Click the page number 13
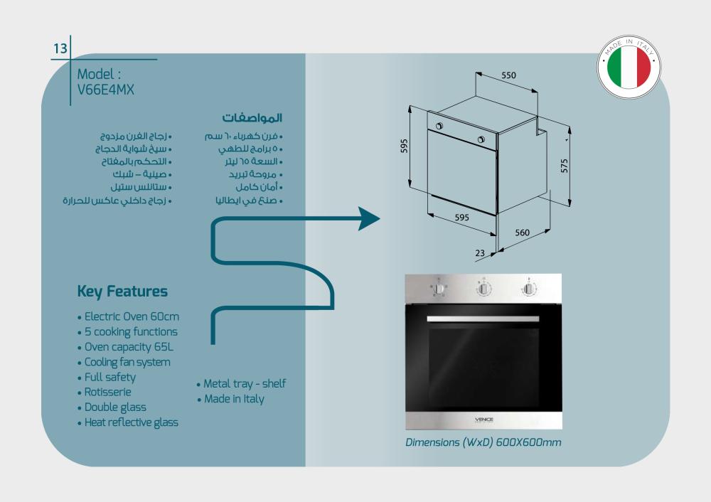click(x=60, y=48)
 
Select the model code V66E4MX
click(x=106, y=90)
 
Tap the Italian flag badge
click(x=629, y=67)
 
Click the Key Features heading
click(x=122, y=291)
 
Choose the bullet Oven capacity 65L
click(x=126, y=347)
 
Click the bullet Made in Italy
click(x=231, y=399)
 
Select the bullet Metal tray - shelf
click(x=241, y=384)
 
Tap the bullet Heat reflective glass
click(x=128, y=422)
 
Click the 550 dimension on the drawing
click(x=508, y=75)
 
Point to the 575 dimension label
click(x=564, y=166)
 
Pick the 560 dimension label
click(x=522, y=233)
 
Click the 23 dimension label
click(x=480, y=253)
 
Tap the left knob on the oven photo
click(x=439, y=289)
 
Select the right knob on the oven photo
click(x=529, y=289)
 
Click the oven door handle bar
click(x=483, y=319)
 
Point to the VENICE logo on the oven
click(x=483, y=420)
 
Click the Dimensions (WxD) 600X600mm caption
click(x=483, y=442)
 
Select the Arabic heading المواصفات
click(x=252, y=118)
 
